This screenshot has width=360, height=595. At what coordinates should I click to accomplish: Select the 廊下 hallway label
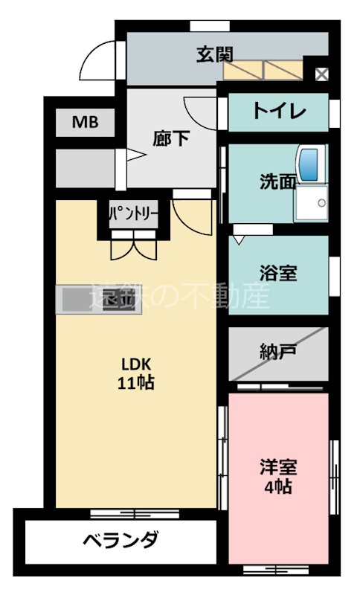click(170, 138)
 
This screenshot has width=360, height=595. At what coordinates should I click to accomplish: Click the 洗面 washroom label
click(277, 181)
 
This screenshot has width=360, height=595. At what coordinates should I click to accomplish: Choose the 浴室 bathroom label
click(279, 272)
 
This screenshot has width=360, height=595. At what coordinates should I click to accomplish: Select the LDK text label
click(137, 364)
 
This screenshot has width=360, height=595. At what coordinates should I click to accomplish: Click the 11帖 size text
click(137, 383)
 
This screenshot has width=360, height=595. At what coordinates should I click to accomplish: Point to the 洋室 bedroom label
click(278, 468)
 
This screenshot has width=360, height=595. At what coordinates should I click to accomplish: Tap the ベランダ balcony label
click(120, 541)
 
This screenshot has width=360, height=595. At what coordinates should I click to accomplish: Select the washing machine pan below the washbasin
click(310, 202)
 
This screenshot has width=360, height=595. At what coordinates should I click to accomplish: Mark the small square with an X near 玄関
click(321, 74)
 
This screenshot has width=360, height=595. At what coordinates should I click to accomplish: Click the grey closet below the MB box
click(84, 168)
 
